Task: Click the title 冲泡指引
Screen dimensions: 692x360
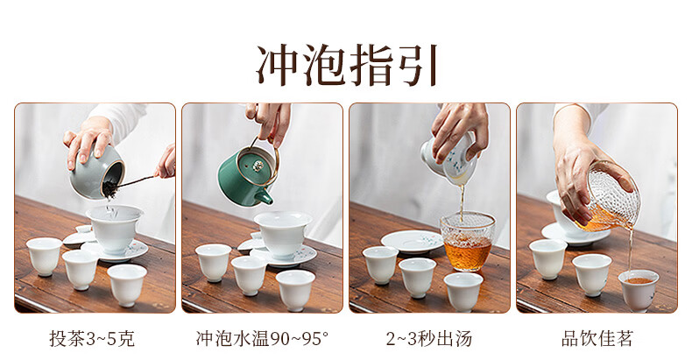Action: click(347, 66)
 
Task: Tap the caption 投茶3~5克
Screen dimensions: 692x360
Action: click(92, 339)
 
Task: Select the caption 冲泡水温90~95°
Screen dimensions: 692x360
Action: click(262, 339)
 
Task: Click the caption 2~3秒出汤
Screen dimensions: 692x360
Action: click(429, 339)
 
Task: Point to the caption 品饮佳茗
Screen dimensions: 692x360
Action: click(597, 339)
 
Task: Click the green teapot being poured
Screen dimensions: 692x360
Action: click(246, 176)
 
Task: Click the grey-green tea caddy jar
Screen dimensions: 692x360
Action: click(96, 172)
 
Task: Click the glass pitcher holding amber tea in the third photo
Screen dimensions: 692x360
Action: click(468, 241)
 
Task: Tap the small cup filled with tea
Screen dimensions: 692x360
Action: click(639, 290)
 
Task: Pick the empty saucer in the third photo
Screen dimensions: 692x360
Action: click(413, 242)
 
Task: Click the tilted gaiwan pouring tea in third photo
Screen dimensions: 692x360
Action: click(450, 159)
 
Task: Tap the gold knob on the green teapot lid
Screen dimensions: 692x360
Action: click(258, 166)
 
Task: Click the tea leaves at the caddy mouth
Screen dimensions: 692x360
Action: click(109, 187)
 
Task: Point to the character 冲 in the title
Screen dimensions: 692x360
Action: click(278, 66)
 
